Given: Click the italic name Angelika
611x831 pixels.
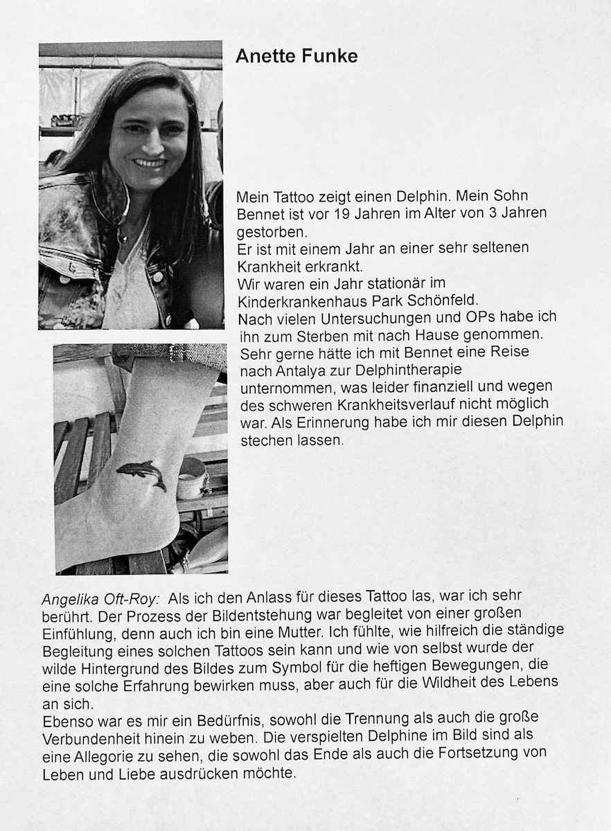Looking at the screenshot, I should click(x=69, y=597).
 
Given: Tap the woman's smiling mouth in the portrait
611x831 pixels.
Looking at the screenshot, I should click(x=149, y=163).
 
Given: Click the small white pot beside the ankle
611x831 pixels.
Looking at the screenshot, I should click(x=191, y=478).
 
